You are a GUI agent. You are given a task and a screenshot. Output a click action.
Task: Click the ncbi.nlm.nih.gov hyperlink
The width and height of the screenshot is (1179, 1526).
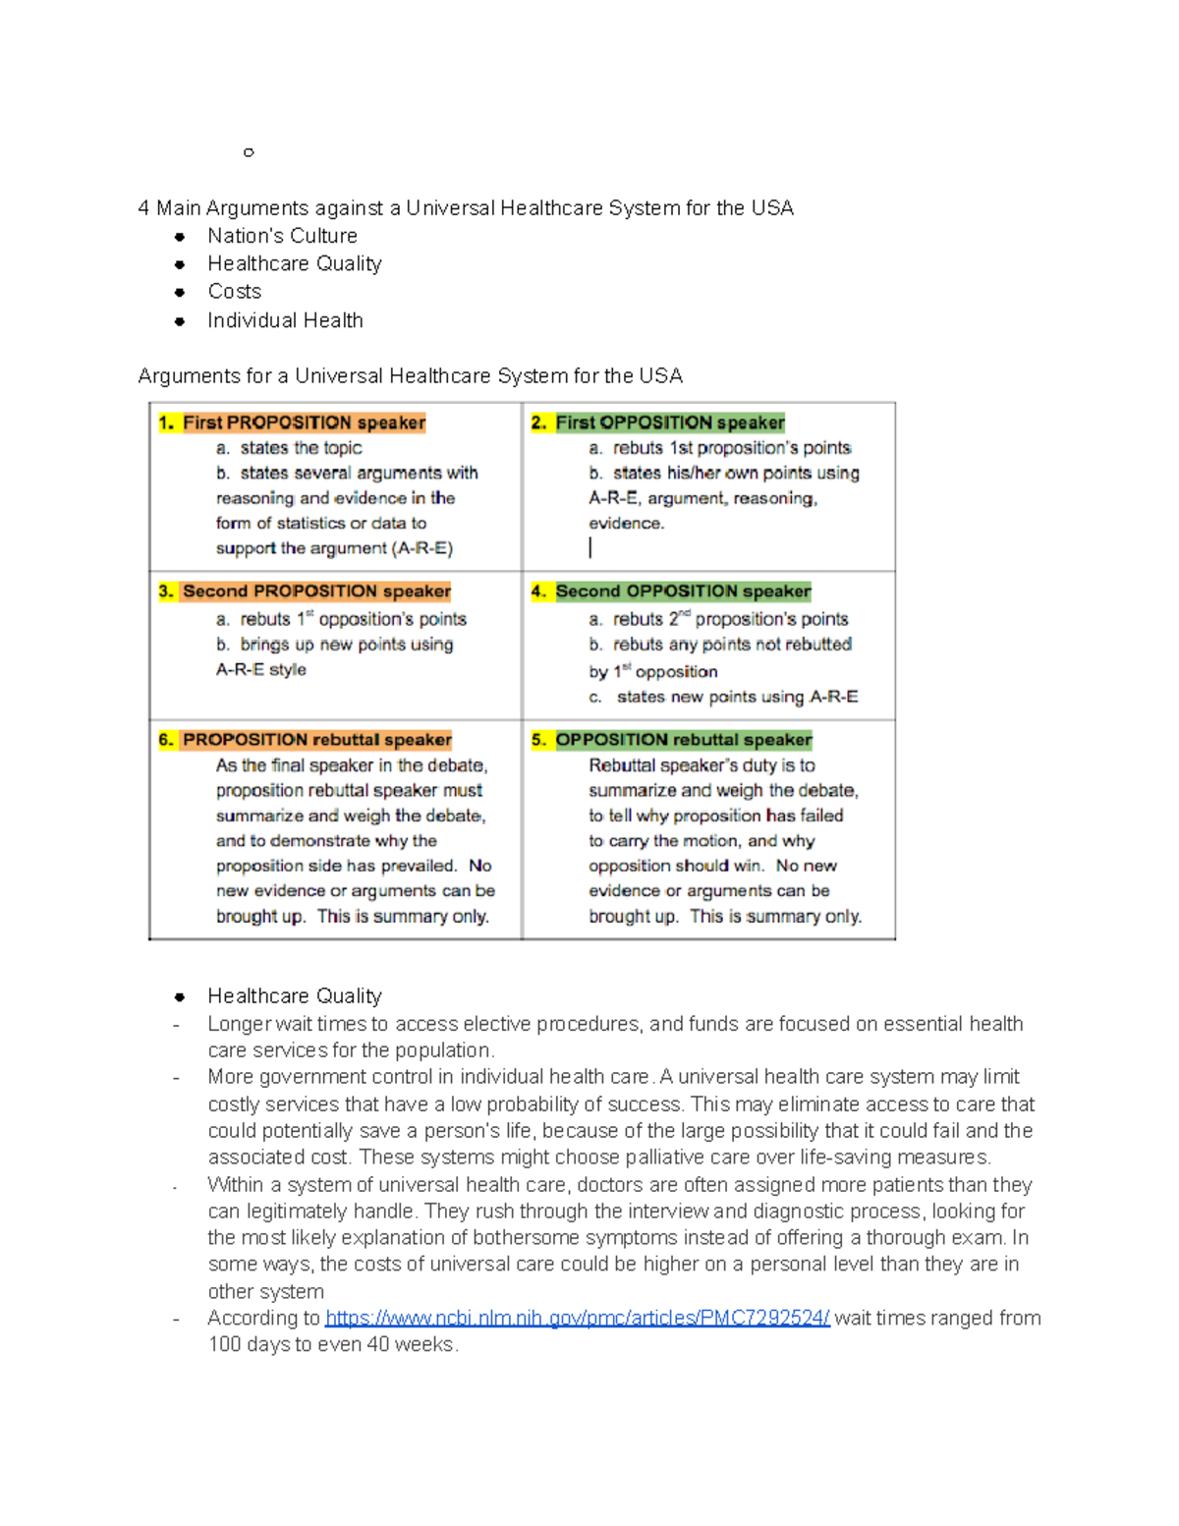pyautogui.click(x=577, y=1318)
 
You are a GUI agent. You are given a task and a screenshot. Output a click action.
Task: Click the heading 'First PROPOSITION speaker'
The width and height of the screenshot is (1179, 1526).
pyautogui.click(x=304, y=423)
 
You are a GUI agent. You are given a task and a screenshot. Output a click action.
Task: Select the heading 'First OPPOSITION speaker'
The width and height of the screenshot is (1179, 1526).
pyautogui.click(x=670, y=423)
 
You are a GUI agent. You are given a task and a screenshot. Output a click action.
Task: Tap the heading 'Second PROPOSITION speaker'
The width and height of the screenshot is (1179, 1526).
pyautogui.click(x=316, y=591)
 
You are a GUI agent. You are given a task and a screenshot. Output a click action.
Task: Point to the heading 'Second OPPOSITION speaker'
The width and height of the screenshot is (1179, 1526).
pyautogui.click(x=683, y=591)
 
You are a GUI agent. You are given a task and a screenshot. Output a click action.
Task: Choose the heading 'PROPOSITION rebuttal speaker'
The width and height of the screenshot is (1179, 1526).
pyautogui.click(x=316, y=739)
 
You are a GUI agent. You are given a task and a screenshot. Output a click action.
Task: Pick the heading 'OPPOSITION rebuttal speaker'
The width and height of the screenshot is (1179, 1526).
pyautogui.click(x=683, y=739)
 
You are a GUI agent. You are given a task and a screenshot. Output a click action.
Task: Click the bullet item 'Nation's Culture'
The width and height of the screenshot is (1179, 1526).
pyautogui.click(x=282, y=236)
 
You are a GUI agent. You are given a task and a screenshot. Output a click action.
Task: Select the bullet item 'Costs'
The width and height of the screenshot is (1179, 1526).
pyautogui.click(x=234, y=292)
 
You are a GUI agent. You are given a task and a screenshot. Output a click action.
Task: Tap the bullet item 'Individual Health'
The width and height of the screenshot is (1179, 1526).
pyautogui.click(x=285, y=320)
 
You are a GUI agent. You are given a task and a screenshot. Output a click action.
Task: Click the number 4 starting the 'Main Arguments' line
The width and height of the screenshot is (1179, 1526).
pyautogui.click(x=144, y=208)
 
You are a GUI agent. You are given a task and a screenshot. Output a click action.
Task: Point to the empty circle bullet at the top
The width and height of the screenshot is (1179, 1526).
pyautogui.click(x=249, y=152)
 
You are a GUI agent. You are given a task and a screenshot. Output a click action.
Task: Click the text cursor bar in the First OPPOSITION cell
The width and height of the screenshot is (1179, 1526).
pyautogui.click(x=590, y=547)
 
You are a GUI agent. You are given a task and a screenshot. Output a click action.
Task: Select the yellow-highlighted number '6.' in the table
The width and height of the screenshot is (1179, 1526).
pyautogui.click(x=166, y=739)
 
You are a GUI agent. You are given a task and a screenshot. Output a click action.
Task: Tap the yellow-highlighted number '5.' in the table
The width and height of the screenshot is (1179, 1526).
pyautogui.click(x=538, y=739)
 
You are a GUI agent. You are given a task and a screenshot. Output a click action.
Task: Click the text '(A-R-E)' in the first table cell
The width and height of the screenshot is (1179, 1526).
pyautogui.click(x=421, y=548)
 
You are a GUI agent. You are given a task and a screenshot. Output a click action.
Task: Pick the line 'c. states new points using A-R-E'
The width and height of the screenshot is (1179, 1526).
pyautogui.click(x=723, y=697)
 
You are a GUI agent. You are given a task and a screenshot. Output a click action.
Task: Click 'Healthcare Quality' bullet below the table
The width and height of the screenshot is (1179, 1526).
pyautogui.click(x=294, y=995)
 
